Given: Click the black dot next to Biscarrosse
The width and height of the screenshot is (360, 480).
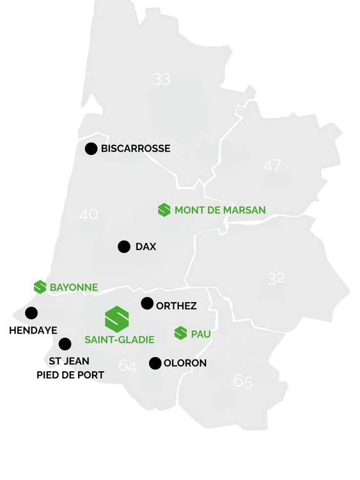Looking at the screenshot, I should point(91,148).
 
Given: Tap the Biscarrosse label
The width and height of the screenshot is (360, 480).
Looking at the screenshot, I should point(136,148).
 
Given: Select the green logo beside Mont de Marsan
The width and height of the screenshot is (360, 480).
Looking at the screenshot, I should point(164,210).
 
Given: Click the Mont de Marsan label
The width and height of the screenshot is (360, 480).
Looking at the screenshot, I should point(220,210).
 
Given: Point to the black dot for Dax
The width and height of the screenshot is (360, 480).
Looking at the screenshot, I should point(124,246).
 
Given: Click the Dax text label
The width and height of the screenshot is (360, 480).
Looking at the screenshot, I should point(146,246).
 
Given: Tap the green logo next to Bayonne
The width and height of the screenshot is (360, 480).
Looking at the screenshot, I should point(40,287).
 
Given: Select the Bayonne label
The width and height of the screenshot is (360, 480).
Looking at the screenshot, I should point(74,288).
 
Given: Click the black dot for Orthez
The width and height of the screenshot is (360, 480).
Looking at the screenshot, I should point(147,303).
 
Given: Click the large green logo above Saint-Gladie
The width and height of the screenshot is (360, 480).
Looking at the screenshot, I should point(117,319).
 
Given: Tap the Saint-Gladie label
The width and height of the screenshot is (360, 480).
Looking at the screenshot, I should point(120,340).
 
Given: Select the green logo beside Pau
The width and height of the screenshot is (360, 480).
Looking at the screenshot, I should point(181,333).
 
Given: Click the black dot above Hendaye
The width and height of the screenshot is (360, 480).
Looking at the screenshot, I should point(31,313).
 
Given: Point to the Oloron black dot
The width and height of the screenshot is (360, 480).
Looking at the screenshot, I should point(155,363).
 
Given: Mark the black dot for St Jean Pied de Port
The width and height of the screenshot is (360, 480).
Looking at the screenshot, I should point(65,344).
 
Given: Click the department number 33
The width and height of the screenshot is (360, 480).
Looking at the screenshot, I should point(162,79).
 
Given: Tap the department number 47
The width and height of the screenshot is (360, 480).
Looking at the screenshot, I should point(272,166).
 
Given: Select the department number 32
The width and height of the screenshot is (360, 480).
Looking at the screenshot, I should point(276,278).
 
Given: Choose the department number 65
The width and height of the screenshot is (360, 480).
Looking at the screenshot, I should point(243,381).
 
